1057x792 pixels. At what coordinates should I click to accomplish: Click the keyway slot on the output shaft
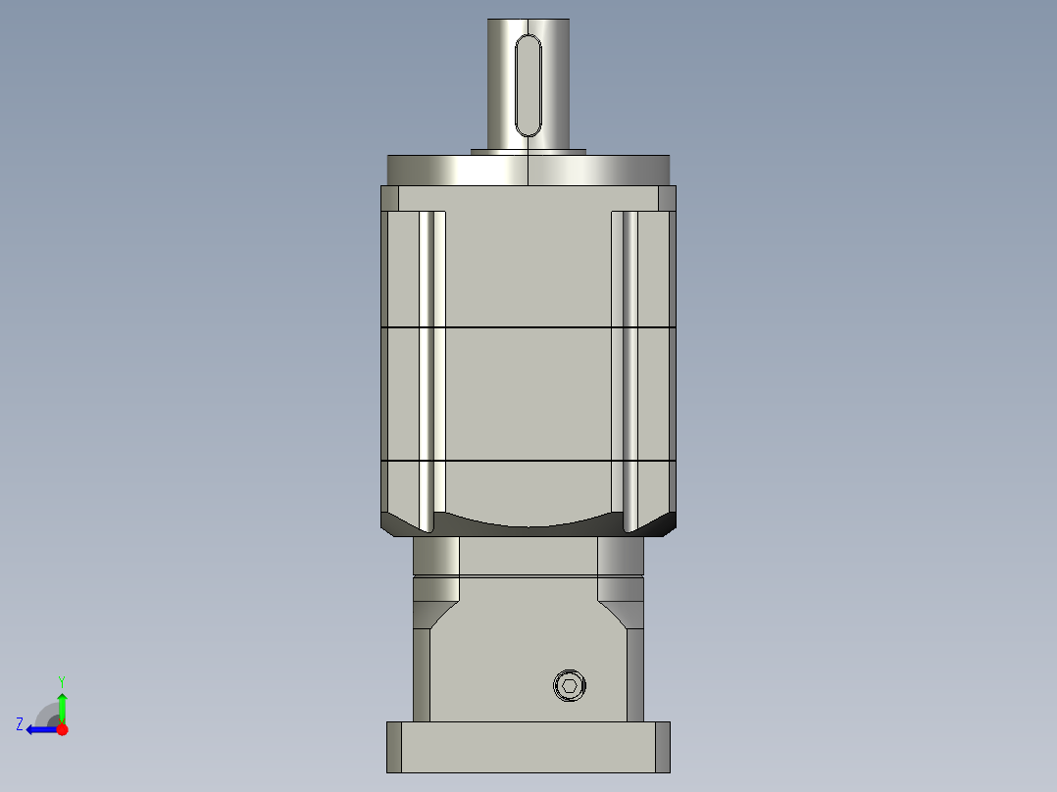click(x=528, y=85)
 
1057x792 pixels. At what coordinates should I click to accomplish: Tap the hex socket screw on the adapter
click(x=568, y=685)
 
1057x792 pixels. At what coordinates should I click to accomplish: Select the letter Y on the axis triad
click(x=61, y=680)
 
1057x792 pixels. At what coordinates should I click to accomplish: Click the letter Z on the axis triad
click(x=20, y=724)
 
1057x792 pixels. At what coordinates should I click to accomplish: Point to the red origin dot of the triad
click(x=63, y=729)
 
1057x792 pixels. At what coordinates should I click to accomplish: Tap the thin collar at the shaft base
click(x=528, y=151)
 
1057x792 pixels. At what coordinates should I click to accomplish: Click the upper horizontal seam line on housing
click(x=528, y=326)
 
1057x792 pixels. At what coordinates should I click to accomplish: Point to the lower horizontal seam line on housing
click(x=528, y=461)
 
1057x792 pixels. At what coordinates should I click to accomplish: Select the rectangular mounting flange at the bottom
click(x=528, y=747)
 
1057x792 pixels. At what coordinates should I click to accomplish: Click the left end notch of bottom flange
click(x=393, y=747)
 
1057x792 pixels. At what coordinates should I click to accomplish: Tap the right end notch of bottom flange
click(x=664, y=747)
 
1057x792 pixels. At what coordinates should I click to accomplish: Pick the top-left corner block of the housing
click(x=389, y=198)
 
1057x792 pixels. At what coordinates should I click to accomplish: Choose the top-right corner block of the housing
click(x=667, y=198)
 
